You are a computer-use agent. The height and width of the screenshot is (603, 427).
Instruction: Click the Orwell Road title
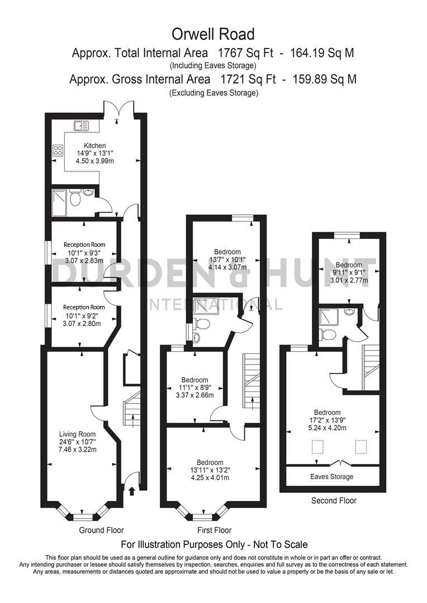(213, 34)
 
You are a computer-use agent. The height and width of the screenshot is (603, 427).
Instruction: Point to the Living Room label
(78, 434)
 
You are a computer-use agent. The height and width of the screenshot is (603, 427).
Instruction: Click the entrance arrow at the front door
(131, 491)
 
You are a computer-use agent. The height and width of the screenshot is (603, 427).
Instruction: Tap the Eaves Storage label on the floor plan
(332, 477)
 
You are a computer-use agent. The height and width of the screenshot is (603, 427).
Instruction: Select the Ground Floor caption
(101, 530)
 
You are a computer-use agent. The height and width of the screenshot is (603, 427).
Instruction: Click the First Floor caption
(214, 530)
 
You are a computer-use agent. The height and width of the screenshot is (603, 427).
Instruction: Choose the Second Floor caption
(334, 501)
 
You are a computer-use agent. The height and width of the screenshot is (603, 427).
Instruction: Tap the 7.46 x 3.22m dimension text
(78, 449)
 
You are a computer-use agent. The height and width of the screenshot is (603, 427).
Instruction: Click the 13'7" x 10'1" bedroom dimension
(227, 259)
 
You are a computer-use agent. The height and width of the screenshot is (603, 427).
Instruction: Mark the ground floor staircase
(132, 406)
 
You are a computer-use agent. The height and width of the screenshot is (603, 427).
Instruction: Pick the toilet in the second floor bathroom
(328, 334)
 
